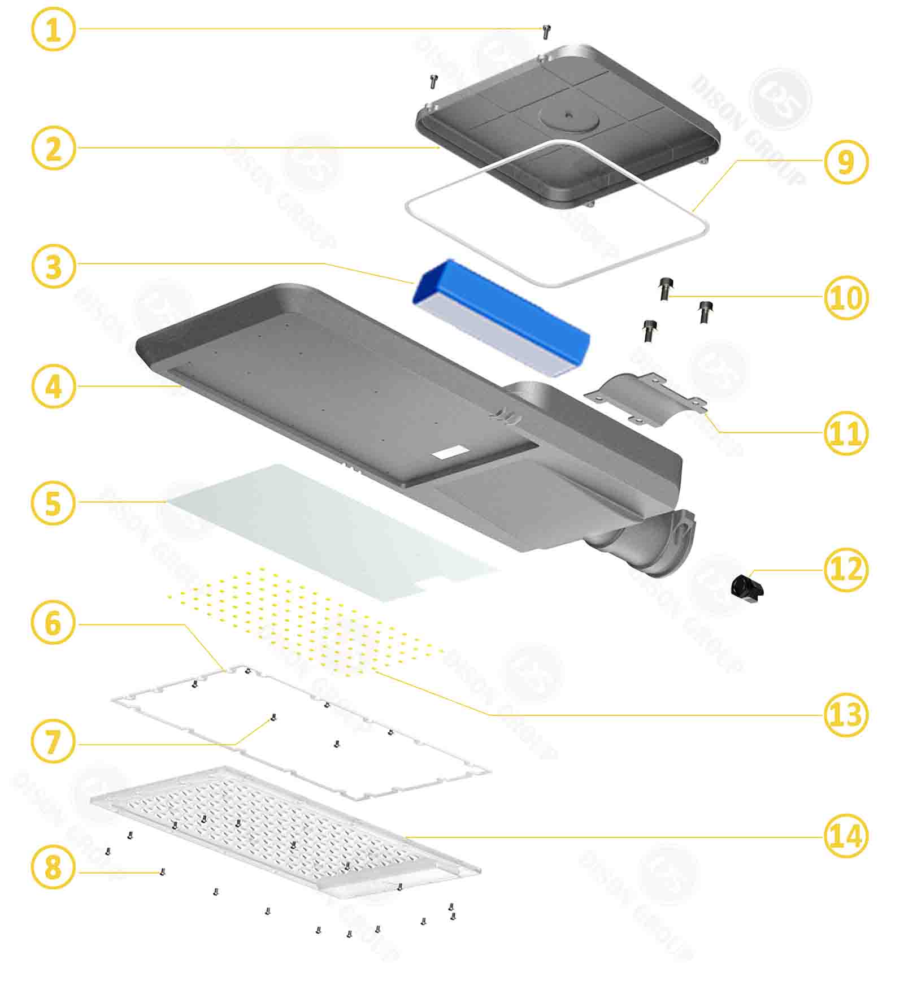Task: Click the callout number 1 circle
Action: click(53, 29)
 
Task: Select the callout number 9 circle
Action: click(846, 162)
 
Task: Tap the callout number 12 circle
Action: click(846, 570)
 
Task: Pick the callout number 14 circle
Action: click(846, 836)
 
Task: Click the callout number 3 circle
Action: click(53, 266)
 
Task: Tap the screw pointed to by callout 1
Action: click(546, 31)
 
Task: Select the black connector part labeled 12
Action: click(747, 587)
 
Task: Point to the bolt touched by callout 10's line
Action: click(664, 289)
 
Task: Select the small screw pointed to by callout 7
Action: click(273, 717)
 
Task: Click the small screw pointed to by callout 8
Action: click(163, 872)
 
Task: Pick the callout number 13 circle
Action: click(846, 715)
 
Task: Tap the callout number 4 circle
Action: click(53, 387)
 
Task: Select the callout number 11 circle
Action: click(846, 433)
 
